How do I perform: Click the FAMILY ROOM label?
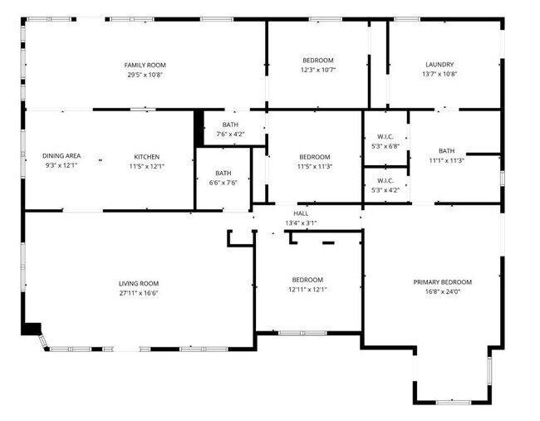[145, 65]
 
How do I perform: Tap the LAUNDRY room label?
[439, 65]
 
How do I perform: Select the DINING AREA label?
[61, 156]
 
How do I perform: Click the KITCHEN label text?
[147, 156]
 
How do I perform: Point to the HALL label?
[301, 213]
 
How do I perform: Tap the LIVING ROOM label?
[138, 283]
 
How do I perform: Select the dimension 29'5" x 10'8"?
[145, 74]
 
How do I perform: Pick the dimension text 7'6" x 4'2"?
[230, 134]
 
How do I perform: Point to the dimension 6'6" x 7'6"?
[223, 182]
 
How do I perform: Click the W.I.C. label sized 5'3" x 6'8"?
[385, 137]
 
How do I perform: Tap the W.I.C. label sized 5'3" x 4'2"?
[385, 180]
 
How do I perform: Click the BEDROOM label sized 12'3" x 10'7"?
[317, 61]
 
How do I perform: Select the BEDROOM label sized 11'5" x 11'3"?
[315, 157]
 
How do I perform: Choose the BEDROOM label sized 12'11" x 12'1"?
[307, 280]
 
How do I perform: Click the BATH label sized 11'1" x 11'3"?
[447, 150]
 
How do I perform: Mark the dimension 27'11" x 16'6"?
[138, 292]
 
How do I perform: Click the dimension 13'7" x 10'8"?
[439, 74]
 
